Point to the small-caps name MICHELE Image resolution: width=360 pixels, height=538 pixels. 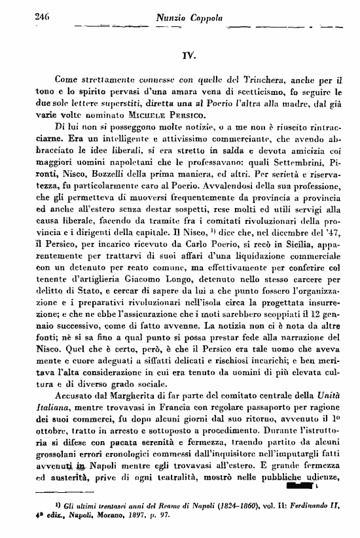coord(151,113)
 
